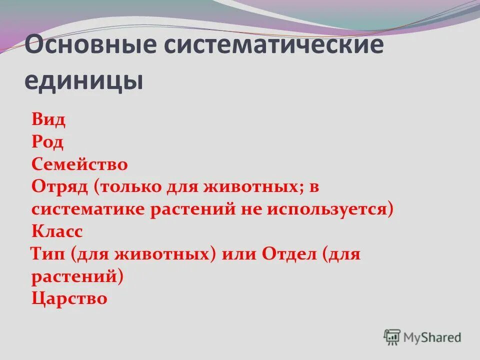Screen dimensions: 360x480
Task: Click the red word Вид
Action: (x=48, y=120)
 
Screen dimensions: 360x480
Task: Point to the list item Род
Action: (x=47, y=142)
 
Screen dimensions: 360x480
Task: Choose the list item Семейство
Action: (x=79, y=164)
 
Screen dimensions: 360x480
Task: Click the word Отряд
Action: (x=59, y=187)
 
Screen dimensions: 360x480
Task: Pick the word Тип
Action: (x=47, y=254)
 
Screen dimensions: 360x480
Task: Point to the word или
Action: (x=237, y=254)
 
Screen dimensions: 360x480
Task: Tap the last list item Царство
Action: (x=69, y=298)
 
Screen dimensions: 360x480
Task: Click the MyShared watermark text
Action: (x=432, y=337)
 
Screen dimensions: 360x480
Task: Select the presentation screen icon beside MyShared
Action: (x=392, y=337)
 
